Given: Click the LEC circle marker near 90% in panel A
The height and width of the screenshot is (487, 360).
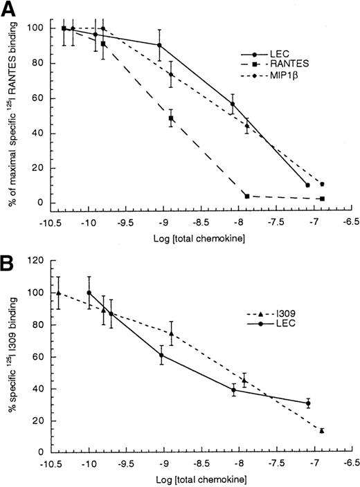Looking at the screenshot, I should tap(160, 46).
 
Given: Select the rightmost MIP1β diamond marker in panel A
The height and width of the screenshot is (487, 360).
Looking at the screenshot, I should tap(322, 184).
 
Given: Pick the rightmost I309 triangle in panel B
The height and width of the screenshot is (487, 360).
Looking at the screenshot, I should tap(322, 430).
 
